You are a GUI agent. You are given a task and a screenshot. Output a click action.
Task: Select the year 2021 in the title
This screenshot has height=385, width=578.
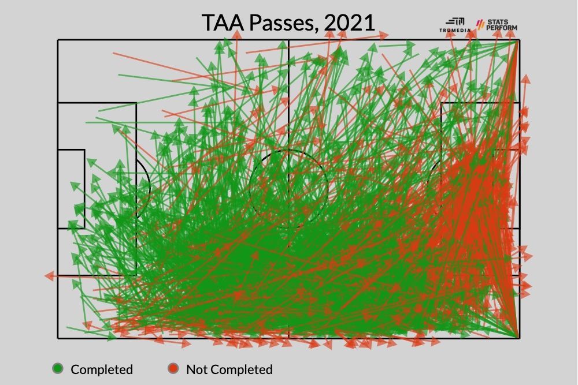point(349,23)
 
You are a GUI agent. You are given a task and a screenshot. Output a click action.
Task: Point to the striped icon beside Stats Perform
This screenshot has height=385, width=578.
point(479,24)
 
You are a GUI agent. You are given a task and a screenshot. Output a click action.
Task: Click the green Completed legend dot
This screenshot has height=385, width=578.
point(58,368)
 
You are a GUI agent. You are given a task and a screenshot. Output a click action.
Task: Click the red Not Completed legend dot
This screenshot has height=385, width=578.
point(173,368)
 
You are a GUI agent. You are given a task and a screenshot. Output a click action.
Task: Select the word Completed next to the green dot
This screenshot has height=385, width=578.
point(102,369)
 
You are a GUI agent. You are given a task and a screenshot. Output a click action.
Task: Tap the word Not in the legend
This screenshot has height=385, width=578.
point(197,369)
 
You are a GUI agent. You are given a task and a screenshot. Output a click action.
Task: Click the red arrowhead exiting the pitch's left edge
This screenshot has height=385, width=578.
point(49,276)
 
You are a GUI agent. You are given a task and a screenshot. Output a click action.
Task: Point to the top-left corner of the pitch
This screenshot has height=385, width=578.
point(58,40)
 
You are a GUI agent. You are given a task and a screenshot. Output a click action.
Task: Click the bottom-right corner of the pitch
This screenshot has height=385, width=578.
point(518,338)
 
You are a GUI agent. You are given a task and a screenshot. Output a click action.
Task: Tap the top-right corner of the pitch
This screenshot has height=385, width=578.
point(518,40)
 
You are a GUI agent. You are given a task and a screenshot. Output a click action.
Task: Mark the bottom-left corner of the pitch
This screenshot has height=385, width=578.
point(58,338)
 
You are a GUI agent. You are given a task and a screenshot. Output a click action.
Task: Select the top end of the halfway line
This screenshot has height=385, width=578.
point(288,40)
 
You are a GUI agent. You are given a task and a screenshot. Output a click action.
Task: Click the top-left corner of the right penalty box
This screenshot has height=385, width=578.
point(442,103)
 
